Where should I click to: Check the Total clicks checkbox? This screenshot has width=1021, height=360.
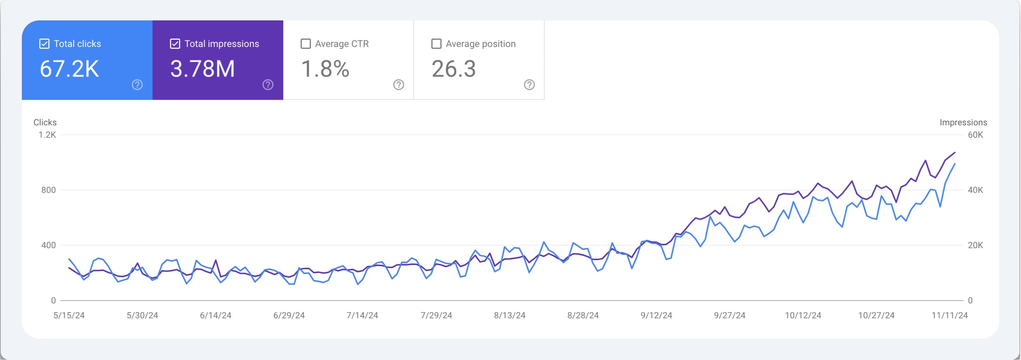(44, 44)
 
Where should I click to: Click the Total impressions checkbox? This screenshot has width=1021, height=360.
(175, 44)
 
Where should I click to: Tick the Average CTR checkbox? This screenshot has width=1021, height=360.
(305, 44)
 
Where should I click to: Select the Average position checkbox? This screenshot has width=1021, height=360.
(436, 44)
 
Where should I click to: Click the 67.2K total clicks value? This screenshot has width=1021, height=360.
(69, 69)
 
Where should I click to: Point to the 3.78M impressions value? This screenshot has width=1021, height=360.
(202, 69)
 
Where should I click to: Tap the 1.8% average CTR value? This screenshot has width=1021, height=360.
(325, 69)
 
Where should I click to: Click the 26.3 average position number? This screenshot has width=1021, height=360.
(453, 69)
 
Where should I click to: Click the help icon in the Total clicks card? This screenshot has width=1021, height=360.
(137, 85)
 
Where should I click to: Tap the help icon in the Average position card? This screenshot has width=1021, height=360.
(529, 85)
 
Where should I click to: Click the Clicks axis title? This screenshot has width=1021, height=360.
(45, 122)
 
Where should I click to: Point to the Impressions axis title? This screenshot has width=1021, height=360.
(963, 122)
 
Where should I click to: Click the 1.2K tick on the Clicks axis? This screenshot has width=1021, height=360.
(47, 135)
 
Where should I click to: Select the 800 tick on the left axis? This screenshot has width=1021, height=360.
(48, 190)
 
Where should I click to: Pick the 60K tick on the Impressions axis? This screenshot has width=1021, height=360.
(975, 135)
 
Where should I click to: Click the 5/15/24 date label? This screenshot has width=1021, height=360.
(69, 316)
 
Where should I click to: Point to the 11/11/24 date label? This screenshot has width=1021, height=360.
(949, 316)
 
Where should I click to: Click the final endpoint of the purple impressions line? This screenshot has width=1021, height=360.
(954, 152)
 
